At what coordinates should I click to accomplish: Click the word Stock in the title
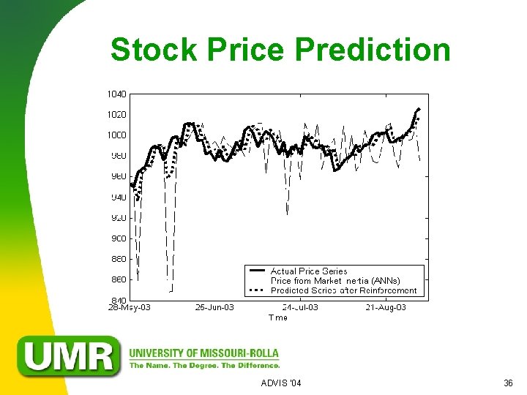(x=154, y=50)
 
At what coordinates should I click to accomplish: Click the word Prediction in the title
(x=373, y=50)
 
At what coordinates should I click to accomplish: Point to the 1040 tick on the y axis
(x=116, y=94)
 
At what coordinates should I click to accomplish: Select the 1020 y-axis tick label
(x=116, y=114)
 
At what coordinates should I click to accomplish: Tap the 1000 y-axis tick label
(x=116, y=135)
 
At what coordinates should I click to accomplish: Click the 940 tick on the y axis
(x=117, y=197)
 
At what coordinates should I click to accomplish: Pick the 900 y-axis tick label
(x=117, y=238)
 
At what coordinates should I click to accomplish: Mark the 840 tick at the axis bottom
(x=117, y=300)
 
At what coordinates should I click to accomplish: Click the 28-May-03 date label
(x=130, y=308)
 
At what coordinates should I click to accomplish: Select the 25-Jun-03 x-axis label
(x=214, y=308)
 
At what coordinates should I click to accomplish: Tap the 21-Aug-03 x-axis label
(x=386, y=308)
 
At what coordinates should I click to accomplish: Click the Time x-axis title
(x=278, y=317)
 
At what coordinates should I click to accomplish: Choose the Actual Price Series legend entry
(x=309, y=271)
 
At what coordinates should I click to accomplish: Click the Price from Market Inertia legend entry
(x=335, y=281)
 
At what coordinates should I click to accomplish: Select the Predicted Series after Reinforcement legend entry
(x=343, y=290)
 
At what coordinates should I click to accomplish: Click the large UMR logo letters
(x=70, y=356)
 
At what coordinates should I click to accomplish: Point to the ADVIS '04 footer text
(x=281, y=383)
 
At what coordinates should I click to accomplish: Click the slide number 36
(x=508, y=383)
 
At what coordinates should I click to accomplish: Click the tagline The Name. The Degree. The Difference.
(x=204, y=365)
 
